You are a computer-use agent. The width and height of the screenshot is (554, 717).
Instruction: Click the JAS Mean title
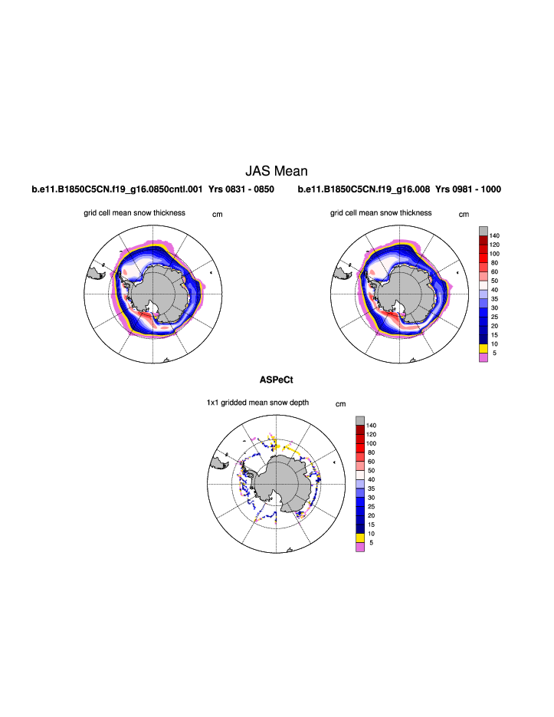[x=276, y=171]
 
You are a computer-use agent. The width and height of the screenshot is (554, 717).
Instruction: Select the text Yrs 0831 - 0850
[x=241, y=189]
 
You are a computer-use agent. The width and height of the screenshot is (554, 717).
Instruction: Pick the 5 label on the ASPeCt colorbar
[x=371, y=543]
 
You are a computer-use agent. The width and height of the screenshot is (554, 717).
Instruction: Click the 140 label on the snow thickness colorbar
[x=494, y=235]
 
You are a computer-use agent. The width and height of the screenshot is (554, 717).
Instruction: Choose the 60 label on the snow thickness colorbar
[x=494, y=271]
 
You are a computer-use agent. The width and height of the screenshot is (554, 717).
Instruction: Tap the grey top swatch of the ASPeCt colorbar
[x=359, y=421]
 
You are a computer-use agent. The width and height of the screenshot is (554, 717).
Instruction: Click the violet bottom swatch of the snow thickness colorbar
[x=483, y=357]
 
